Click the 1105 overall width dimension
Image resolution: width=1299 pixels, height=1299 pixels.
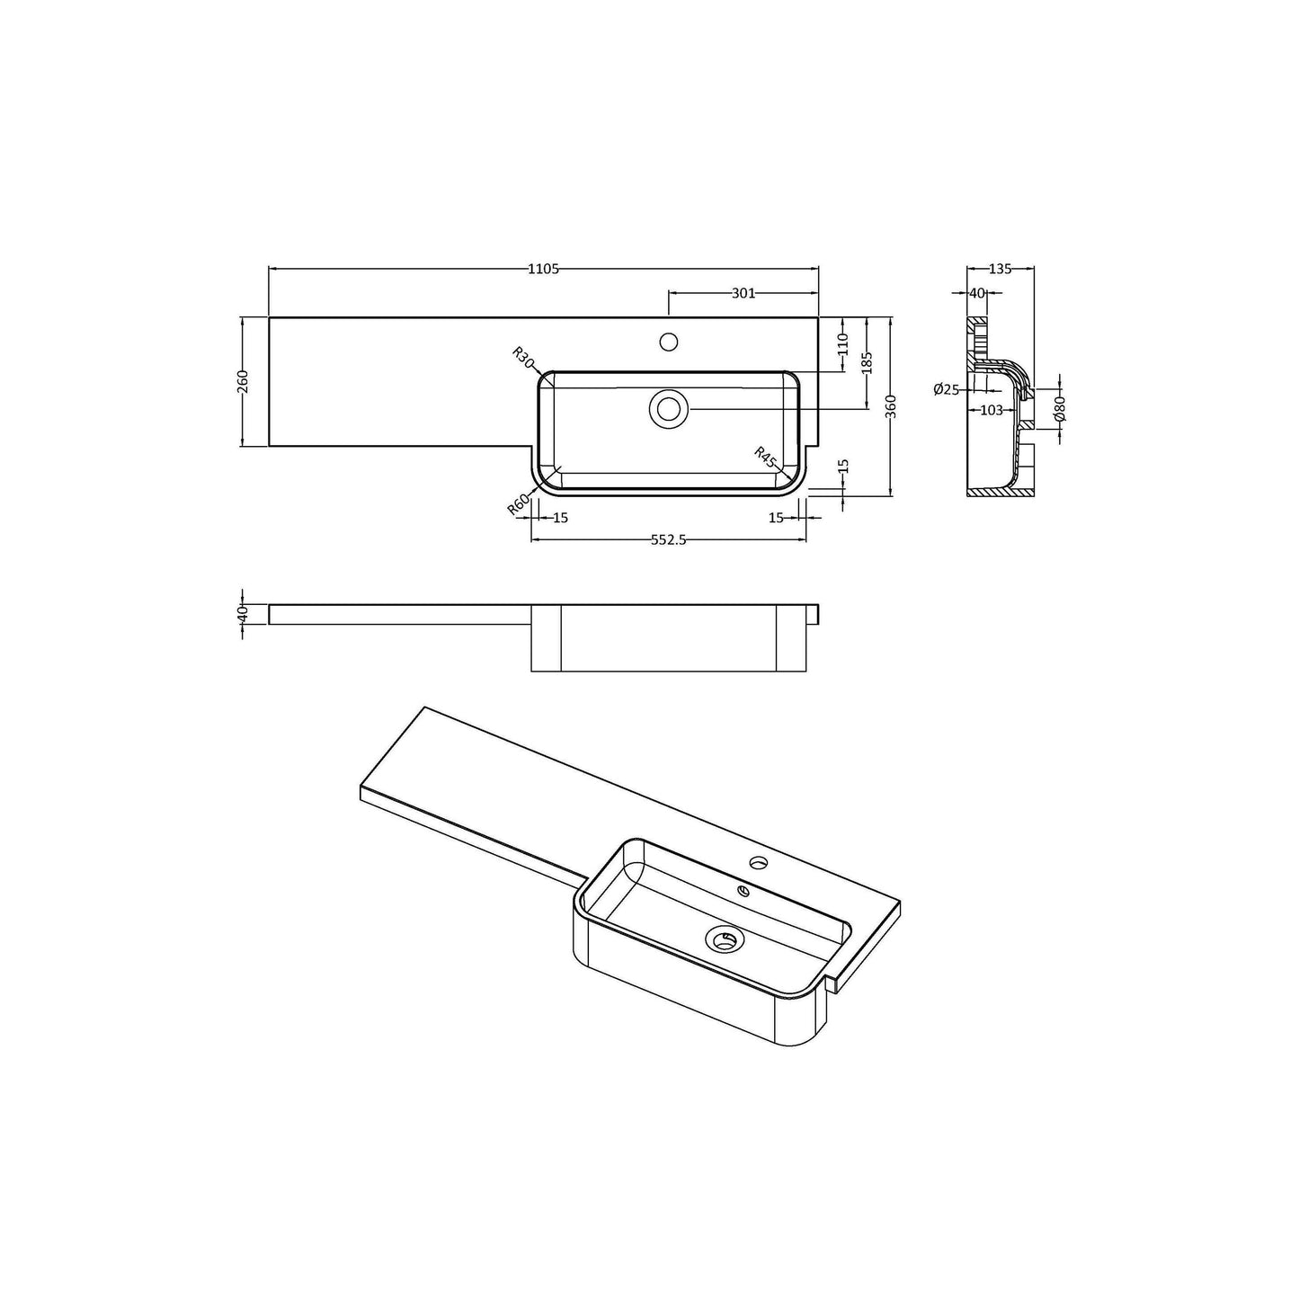click(543, 269)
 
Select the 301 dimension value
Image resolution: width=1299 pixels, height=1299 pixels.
click(743, 293)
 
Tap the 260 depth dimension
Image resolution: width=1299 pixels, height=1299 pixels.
click(244, 381)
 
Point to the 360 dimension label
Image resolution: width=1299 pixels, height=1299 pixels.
click(890, 407)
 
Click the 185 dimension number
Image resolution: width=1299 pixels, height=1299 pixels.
click(867, 362)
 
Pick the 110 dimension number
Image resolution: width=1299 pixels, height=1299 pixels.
click(843, 343)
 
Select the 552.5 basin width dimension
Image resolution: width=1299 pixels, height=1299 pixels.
click(669, 540)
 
